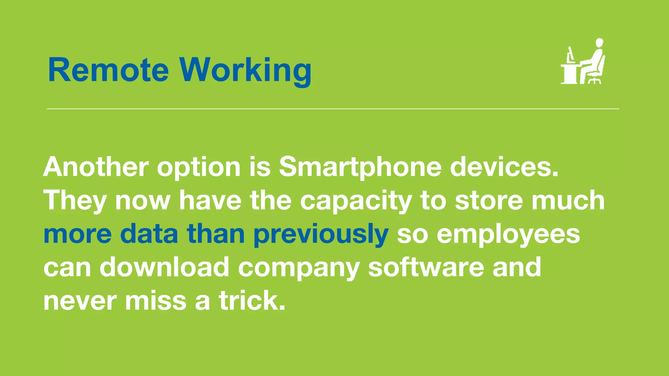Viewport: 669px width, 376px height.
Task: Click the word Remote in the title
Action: point(108,70)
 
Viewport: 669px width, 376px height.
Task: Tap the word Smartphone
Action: point(360,167)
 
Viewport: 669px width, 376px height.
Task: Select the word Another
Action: point(96,167)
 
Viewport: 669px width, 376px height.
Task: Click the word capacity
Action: point(356,201)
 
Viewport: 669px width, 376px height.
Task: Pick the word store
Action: point(489,201)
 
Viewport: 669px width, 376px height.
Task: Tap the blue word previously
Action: point(321,234)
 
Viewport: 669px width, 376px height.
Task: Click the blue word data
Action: point(149,234)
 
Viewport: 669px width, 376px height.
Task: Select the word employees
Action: point(508,234)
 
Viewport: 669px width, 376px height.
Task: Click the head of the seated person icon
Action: point(599,43)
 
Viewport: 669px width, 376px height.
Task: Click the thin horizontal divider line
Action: point(333,109)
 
